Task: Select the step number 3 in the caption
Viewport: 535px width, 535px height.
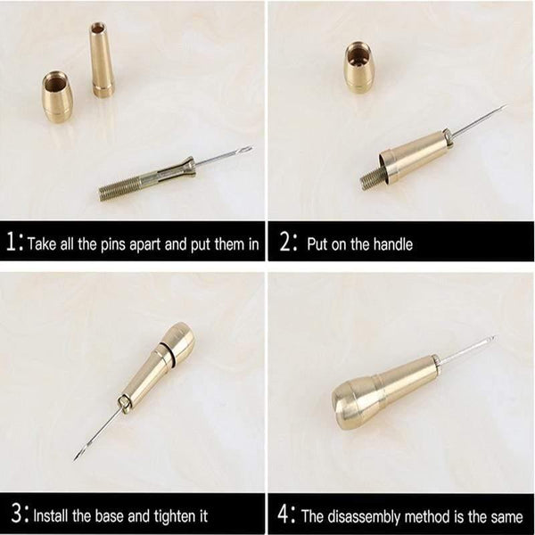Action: pos(11,514)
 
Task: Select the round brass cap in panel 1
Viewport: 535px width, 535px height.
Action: pos(62,98)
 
